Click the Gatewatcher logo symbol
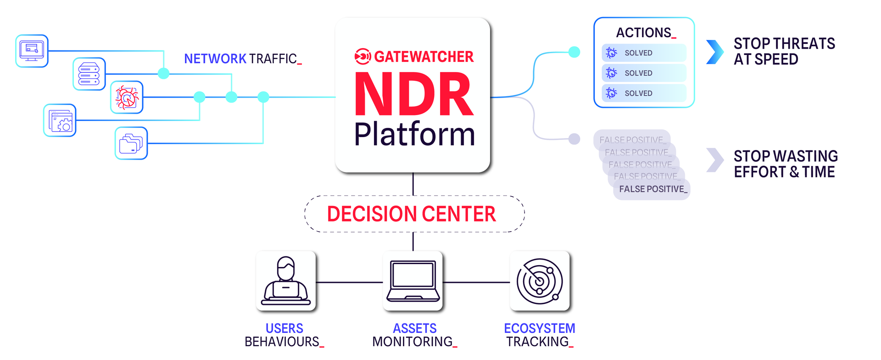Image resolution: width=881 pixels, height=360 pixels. (x=362, y=56)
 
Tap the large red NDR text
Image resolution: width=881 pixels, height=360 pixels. (x=414, y=95)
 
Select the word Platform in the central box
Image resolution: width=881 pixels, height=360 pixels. (x=414, y=134)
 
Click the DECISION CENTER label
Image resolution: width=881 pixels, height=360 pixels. (x=412, y=214)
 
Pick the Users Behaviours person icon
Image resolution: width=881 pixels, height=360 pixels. (x=286, y=281)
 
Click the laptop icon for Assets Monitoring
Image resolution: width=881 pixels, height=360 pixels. (x=413, y=281)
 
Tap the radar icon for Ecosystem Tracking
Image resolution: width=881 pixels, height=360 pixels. (x=540, y=281)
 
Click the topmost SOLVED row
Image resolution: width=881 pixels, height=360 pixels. (x=644, y=53)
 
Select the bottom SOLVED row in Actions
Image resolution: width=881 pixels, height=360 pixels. (x=644, y=93)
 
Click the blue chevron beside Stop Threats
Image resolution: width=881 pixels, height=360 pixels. (x=714, y=52)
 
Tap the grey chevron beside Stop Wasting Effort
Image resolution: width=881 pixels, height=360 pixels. (x=714, y=160)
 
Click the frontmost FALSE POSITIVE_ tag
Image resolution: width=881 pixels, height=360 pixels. (x=652, y=189)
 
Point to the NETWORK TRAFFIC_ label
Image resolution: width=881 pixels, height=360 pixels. (x=242, y=59)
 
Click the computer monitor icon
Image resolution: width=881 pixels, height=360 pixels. (x=32, y=51)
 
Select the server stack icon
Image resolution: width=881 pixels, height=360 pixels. (x=89, y=74)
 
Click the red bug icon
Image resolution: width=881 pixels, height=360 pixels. (x=127, y=97)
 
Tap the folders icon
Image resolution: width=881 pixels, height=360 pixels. (x=131, y=143)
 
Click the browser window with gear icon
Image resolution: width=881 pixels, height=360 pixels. (x=60, y=121)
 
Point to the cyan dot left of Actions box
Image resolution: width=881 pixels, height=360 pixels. (x=574, y=52)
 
